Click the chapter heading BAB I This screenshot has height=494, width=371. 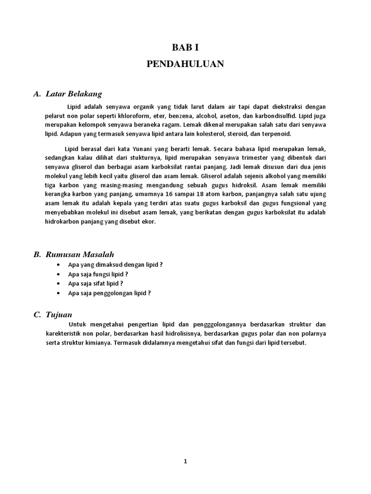[185, 47]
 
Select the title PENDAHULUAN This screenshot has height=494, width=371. [185, 64]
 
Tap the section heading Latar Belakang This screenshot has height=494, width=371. [73, 93]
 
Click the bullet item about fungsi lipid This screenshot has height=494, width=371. [98, 274]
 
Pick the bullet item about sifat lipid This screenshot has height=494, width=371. [96, 283]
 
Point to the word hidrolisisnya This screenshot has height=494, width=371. [183, 333]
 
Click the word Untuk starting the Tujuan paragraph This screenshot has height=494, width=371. [78, 325]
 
